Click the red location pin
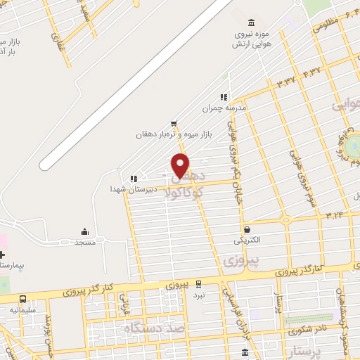coord(181,166)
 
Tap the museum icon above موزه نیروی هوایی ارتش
coord(252,21)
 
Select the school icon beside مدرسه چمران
coord(224,98)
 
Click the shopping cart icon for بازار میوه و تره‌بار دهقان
coord(173,122)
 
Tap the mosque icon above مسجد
coord(85,231)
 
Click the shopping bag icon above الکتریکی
coord(247,229)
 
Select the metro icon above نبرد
coord(199,284)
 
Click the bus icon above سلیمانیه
coord(23,299)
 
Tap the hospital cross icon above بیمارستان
coord(2,254)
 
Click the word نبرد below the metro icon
coord(200,295)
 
